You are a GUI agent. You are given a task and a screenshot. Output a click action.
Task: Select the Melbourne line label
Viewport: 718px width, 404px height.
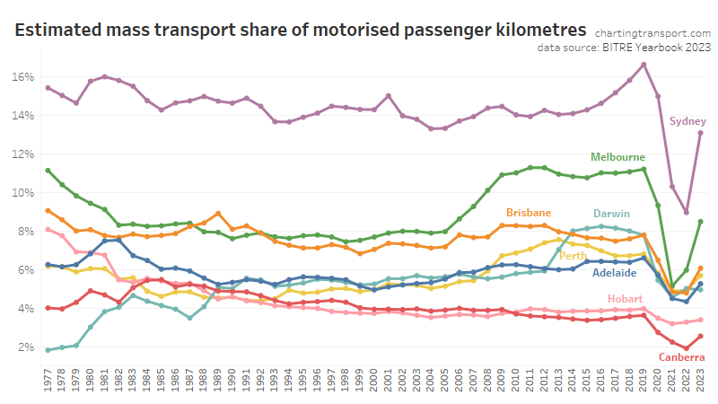pyautogui.click(x=617, y=157)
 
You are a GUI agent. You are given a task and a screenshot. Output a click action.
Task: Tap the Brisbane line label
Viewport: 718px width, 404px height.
pyautogui.click(x=529, y=213)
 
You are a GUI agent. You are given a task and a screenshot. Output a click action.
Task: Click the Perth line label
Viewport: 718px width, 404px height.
pyautogui.click(x=574, y=256)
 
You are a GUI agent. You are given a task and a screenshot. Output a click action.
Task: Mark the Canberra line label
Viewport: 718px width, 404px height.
pyautogui.click(x=681, y=357)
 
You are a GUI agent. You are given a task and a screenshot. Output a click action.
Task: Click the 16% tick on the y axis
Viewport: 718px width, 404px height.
pyautogui.click(x=25, y=77)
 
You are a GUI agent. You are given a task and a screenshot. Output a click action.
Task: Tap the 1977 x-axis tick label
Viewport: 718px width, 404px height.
pyautogui.click(x=48, y=381)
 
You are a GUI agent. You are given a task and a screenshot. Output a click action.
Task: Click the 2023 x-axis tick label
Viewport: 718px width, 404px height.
pyautogui.click(x=700, y=381)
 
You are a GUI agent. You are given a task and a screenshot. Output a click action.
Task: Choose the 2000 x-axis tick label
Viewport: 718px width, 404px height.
pyautogui.click(x=374, y=381)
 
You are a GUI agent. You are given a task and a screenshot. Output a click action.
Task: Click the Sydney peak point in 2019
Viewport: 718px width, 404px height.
pyautogui.click(x=644, y=65)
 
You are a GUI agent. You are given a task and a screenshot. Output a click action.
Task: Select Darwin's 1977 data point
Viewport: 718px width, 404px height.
pyautogui.click(x=48, y=350)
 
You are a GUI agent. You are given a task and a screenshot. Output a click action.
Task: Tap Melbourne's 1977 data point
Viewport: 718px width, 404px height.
pyautogui.click(x=48, y=171)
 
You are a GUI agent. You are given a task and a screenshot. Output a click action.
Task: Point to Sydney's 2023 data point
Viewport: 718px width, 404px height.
pyautogui.click(x=700, y=133)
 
